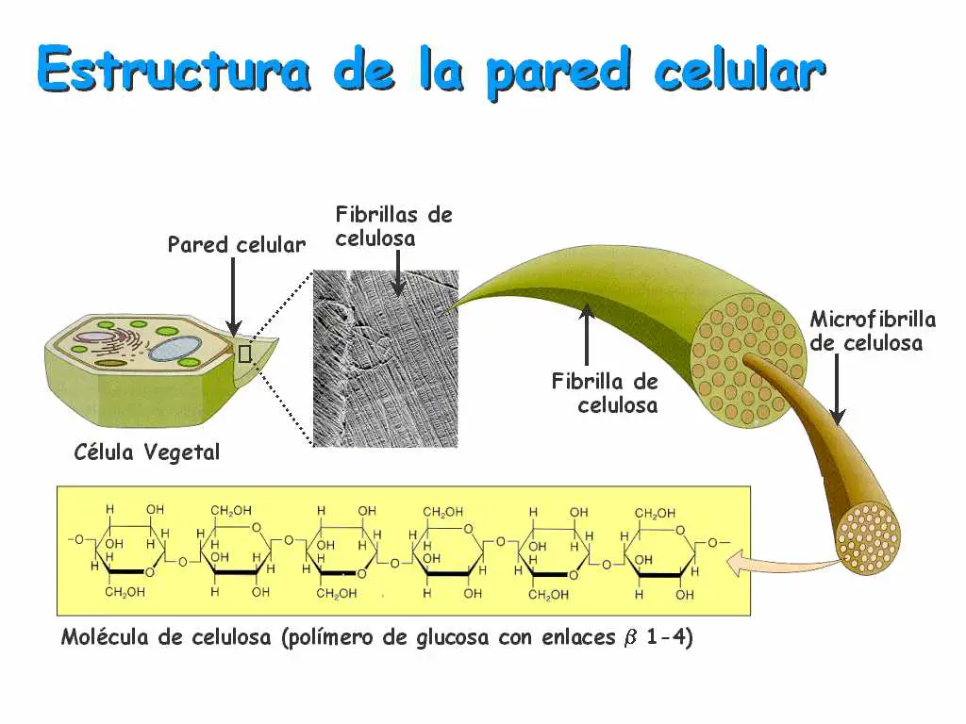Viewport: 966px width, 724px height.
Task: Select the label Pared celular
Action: tap(237, 245)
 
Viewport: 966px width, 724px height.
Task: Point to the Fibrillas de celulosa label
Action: tap(393, 226)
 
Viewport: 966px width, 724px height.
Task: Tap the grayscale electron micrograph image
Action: tap(385, 358)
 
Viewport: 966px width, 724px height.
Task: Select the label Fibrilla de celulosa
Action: tap(605, 394)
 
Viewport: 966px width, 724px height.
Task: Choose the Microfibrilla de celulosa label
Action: tap(873, 331)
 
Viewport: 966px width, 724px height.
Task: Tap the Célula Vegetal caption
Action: tap(146, 452)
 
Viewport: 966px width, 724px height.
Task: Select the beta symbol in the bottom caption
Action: tap(631, 638)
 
